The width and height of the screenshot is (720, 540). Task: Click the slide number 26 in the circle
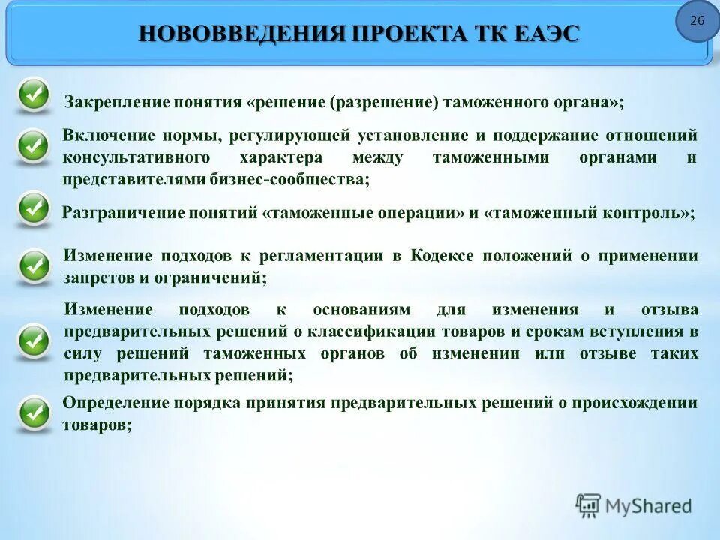click(x=697, y=20)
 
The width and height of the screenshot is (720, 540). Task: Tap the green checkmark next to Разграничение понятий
click(x=33, y=210)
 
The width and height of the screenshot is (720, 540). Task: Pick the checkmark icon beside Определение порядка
click(x=33, y=412)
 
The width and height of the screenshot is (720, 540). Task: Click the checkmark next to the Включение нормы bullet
click(x=33, y=145)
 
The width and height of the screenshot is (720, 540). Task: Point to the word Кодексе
click(x=442, y=255)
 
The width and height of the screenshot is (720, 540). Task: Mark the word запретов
click(x=96, y=277)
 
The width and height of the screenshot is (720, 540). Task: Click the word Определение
click(x=115, y=403)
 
